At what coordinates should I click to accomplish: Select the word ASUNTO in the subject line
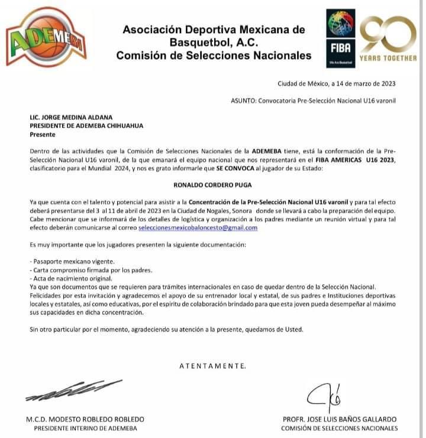[x=243, y=100]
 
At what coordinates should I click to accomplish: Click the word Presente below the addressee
[x=42, y=134]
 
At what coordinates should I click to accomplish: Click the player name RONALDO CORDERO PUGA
[x=213, y=184]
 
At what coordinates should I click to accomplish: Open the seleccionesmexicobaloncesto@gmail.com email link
[x=198, y=228]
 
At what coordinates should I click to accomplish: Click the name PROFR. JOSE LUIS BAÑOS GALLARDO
[x=340, y=419]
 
